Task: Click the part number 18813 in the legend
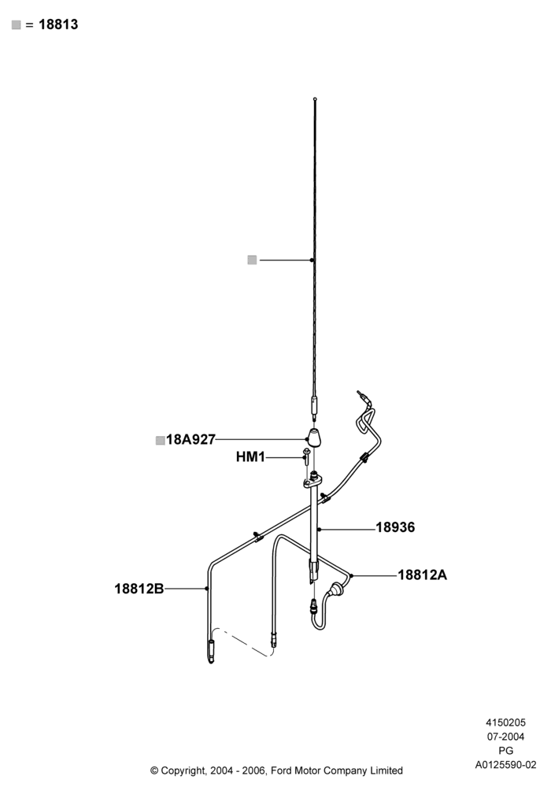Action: pyautogui.click(x=58, y=24)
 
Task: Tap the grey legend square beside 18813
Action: pyautogui.click(x=17, y=25)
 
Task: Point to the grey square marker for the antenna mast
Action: pyautogui.click(x=252, y=260)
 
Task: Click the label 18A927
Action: pyautogui.click(x=190, y=440)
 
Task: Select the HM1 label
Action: pyautogui.click(x=250, y=457)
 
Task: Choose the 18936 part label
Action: pyautogui.click(x=395, y=527)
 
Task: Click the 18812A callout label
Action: pyautogui.click(x=422, y=575)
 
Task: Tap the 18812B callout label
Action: pyautogui.click(x=139, y=588)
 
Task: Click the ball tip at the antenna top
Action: pyautogui.click(x=315, y=99)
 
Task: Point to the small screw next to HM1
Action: pyautogui.click(x=305, y=457)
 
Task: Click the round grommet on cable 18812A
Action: pyautogui.click(x=335, y=588)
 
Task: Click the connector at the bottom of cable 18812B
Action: pyautogui.click(x=211, y=652)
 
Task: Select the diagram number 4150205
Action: pyautogui.click(x=505, y=722)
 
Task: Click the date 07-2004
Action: pyautogui.click(x=505, y=737)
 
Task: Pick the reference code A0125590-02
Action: pyautogui.click(x=505, y=766)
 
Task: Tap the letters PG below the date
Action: pyautogui.click(x=505, y=751)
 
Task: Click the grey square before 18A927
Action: pyautogui.click(x=160, y=441)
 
